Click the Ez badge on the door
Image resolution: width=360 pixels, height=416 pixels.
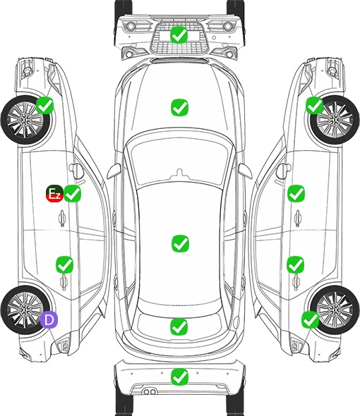pos(54,194)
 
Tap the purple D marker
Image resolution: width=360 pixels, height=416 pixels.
pos(49,320)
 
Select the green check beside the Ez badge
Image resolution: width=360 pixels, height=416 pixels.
pos(72,194)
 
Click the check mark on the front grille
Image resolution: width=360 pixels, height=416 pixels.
pos(179,35)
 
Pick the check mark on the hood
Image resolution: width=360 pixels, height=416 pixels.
pos(179,107)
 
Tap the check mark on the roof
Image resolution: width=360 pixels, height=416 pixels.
pos(180,243)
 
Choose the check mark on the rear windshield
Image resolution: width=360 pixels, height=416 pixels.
pos(179,327)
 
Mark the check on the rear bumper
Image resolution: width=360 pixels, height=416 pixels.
pos(179,377)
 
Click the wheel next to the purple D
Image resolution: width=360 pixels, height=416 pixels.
pos(25,310)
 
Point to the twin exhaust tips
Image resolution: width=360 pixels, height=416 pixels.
pos(150,391)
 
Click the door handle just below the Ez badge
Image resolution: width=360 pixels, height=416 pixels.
pos(62,219)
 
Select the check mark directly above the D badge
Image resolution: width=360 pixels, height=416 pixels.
pos(64,264)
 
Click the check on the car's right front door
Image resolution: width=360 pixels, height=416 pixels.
pos(296,194)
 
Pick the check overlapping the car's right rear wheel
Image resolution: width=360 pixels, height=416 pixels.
pos(310,319)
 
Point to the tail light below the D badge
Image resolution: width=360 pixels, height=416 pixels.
pos(63,345)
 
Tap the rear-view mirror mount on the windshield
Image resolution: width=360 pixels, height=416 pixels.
pos(180,173)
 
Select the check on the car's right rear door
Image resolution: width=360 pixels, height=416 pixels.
pos(295,264)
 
